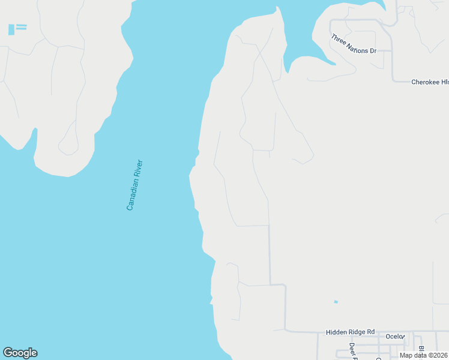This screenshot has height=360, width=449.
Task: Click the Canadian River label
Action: coord(134,184)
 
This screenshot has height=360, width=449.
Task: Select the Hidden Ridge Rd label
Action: coord(350,332)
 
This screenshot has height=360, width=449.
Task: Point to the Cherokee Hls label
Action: coord(430,82)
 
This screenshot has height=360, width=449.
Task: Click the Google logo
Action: coord(20,353)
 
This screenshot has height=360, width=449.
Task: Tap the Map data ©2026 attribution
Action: coord(424,355)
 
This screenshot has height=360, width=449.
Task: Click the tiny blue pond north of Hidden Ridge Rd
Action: coord(336,301)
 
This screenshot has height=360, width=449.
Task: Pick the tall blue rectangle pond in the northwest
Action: coord(11,29)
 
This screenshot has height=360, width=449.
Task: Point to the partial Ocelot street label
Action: coord(396,337)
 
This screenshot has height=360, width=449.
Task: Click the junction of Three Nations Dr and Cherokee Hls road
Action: coord(393,80)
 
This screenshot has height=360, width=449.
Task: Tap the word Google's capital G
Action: coord(8,353)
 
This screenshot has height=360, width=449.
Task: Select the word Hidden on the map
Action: coord(337,332)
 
